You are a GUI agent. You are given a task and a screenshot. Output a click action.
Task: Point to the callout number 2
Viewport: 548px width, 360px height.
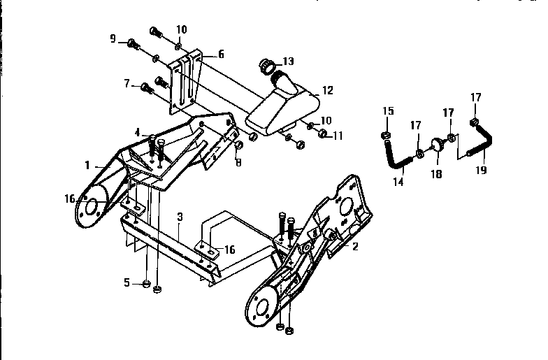click(x=354, y=246)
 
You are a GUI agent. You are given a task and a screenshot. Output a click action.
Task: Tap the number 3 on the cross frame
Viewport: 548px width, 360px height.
click(x=180, y=217)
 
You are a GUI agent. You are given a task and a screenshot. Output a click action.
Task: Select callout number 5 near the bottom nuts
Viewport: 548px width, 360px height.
click(x=127, y=282)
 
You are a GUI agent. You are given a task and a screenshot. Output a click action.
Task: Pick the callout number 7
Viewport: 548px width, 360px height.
click(x=127, y=84)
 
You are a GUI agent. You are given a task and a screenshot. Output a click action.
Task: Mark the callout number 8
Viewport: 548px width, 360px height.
click(x=238, y=164)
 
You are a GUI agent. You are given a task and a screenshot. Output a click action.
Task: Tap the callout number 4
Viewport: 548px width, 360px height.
click(x=138, y=131)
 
